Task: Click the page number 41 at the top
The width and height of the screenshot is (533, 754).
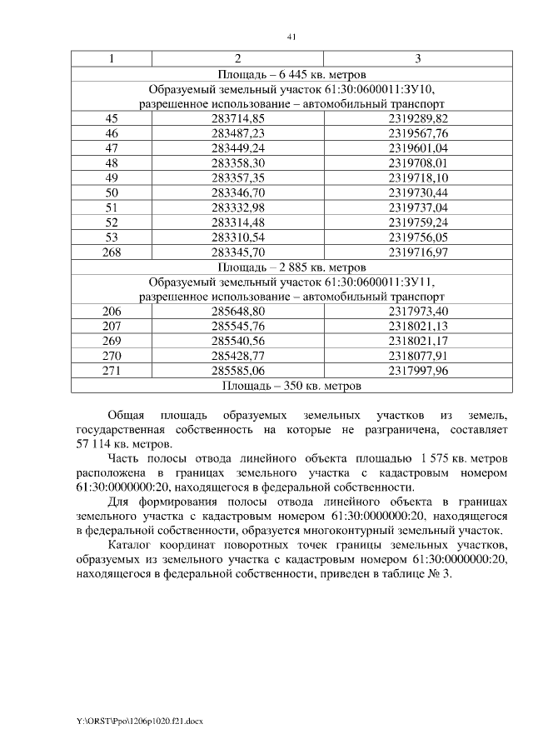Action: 291,37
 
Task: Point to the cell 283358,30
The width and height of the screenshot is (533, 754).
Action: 238,162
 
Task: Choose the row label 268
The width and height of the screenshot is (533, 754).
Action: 112,252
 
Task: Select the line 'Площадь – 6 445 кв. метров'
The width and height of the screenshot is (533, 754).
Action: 291,74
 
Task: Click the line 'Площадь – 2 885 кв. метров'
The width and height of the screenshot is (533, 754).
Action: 291,267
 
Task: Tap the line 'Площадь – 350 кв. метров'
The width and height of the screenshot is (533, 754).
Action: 291,387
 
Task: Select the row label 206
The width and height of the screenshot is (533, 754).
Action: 112,312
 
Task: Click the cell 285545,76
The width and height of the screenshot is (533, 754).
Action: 238,327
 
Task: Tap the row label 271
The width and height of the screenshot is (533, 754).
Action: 112,372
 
